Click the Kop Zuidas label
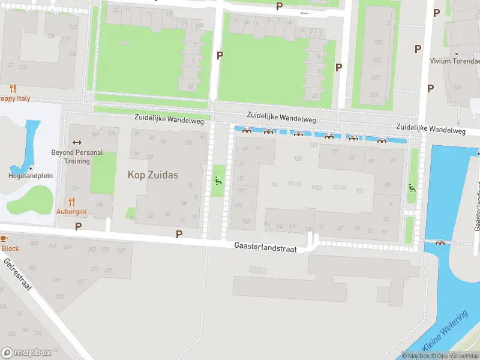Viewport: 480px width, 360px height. tap(153, 175)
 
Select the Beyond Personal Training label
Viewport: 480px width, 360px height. tap(77, 157)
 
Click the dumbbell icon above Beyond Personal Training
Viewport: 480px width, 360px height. tap(76, 142)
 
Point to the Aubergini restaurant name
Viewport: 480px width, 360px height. tap(72, 211)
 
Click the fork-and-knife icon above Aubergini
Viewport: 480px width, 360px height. tap(72, 201)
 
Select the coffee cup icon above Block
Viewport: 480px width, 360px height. tap(2, 238)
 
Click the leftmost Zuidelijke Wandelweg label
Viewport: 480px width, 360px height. tap(169, 121)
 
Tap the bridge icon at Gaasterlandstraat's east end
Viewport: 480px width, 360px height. tap(440, 242)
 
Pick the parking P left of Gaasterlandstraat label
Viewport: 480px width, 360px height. tap(179, 233)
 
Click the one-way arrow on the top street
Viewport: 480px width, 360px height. tap(304, 13)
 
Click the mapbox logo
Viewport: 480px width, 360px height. tap(25, 352)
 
